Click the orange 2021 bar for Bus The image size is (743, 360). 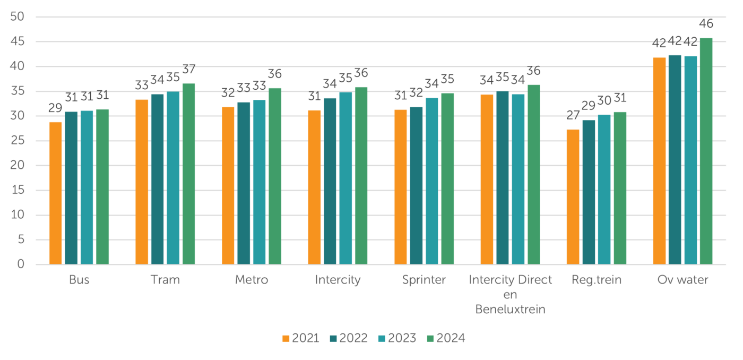pyautogui.click(x=55, y=193)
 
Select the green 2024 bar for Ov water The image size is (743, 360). pyautogui.click(x=706, y=151)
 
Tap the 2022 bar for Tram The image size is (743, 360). pyautogui.click(x=158, y=179)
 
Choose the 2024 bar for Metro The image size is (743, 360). pyautogui.click(x=275, y=176)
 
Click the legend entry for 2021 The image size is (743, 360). pyautogui.click(x=301, y=338)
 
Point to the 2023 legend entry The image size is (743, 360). pyautogui.click(x=398, y=338)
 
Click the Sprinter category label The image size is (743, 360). pyautogui.click(x=424, y=280)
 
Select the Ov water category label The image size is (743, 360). pyautogui.click(x=683, y=280)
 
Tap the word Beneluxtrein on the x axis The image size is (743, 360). pyautogui.click(x=510, y=310)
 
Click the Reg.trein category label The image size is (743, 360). pyautogui.click(x=597, y=280)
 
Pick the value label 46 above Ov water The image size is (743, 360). pyautogui.click(x=706, y=24)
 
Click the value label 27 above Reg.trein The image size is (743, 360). pyautogui.click(x=573, y=116)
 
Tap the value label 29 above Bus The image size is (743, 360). pyautogui.click(x=56, y=109)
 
